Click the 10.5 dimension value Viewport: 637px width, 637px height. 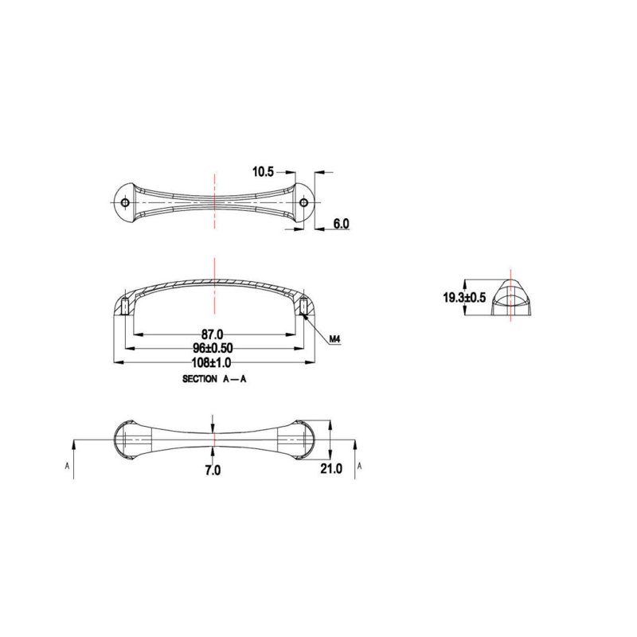click(264, 172)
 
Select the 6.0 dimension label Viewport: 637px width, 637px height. click(341, 224)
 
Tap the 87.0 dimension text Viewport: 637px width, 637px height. click(212, 334)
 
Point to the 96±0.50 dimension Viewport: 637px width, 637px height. click(213, 348)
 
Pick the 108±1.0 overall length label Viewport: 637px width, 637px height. click(211, 362)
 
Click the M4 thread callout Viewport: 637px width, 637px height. click(334, 339)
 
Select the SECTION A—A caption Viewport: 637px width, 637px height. click(214, 379)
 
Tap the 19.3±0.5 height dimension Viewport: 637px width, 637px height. click(464, 297)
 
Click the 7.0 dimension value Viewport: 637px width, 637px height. click(213, 470)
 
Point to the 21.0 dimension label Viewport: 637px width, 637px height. click(331, 468)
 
